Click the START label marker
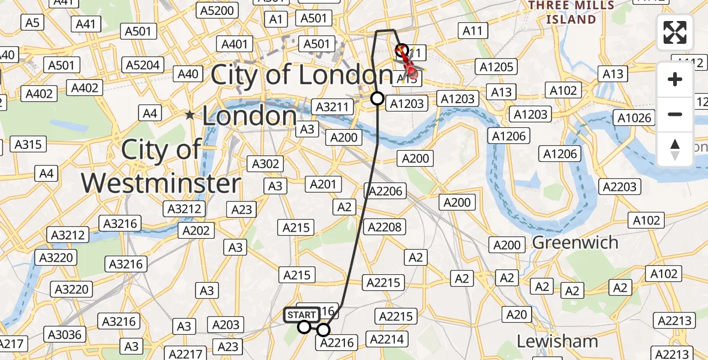click(x=301, y=315)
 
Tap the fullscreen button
click(x=675, y=32)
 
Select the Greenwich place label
click(x=575, y=242)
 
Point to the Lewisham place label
click(x=557, y=341)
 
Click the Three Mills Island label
click(x=571, y=12)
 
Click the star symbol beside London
click(x=190, y=115)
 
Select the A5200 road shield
click(x=217, y=10)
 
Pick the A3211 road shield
click(x=332, y=107)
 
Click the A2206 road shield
click(x=385, y=191)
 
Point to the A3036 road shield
click(x=67, y=334)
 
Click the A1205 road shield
click(x=496, y=67)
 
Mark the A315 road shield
click(x=28, y=145)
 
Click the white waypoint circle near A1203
click(x=377, y=98)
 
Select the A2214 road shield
click(x=386, y=340)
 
